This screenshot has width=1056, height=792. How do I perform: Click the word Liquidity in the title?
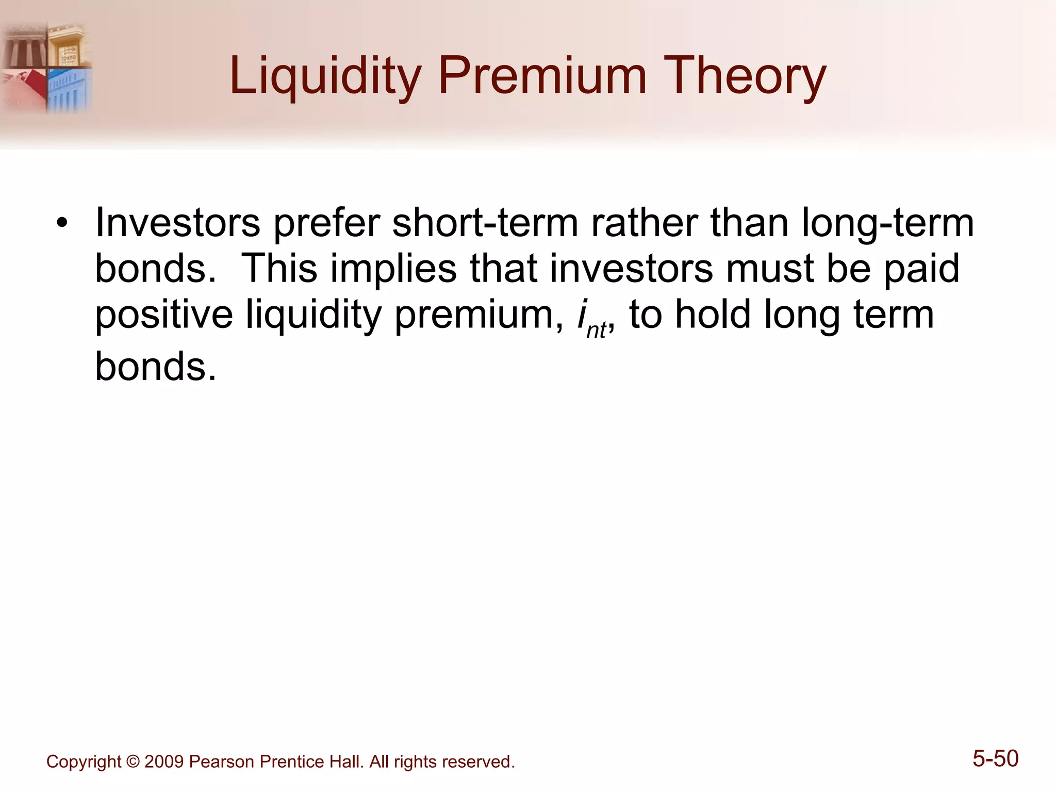tap(325, 77)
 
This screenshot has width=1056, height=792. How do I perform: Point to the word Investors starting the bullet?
tap(178, 223)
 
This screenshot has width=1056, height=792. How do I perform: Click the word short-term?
tap(485, 223)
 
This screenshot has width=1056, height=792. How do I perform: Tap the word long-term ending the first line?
tap(887, 223)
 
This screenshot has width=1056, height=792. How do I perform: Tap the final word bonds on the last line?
tap(155, 366)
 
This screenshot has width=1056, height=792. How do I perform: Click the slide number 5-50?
tap(995, 759)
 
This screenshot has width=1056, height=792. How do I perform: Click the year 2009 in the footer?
tap(164, 762)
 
